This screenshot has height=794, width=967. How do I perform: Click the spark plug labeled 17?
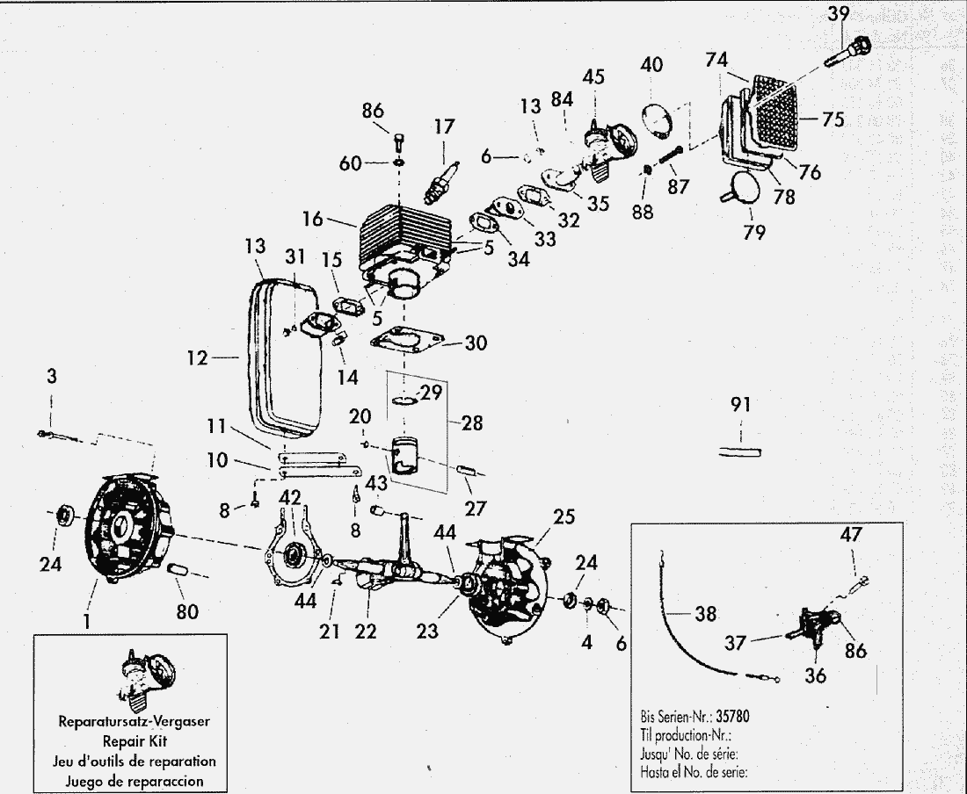(x=440, y=177)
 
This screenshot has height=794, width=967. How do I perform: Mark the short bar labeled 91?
(x=741, y=451)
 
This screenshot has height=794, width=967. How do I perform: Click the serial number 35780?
(x=732, y=715)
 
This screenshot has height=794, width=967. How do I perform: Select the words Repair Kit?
(x=129, y=740)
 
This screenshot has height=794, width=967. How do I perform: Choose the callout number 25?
(x=564, y=517)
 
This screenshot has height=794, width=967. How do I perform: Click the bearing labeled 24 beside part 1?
(x=66, y=514)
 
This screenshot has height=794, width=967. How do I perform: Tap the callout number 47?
(x=852, y=535)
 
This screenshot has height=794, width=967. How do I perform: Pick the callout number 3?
(x=52, y=377)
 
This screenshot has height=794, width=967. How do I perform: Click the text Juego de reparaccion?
(x=129, y=779)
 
